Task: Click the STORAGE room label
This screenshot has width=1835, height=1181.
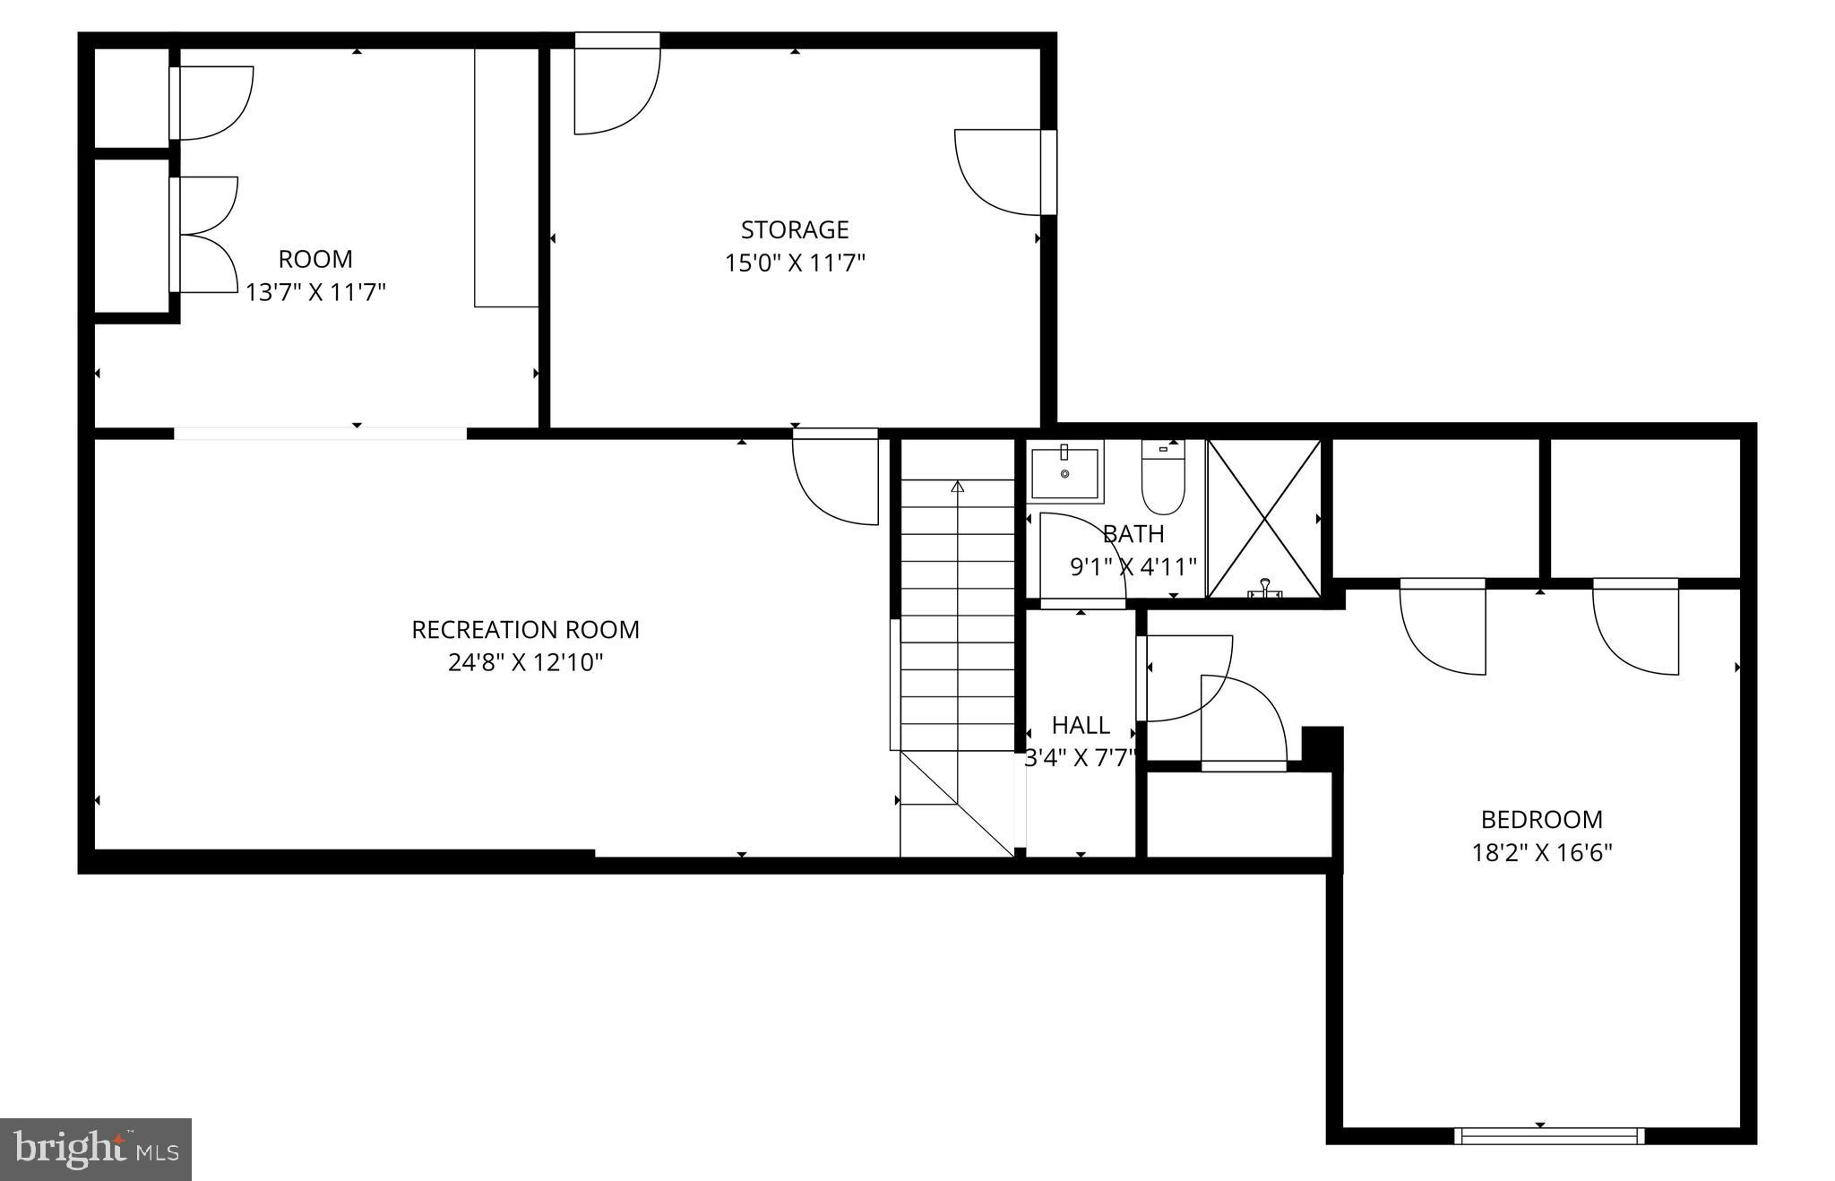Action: pos(794,230)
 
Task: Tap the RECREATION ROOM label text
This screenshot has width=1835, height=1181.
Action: pos(525,630)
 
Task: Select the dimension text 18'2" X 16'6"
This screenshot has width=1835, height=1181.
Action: pos(1541,852)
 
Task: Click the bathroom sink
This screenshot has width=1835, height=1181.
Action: pos(1064,472)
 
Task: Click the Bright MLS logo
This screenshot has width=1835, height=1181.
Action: pos(96,1149)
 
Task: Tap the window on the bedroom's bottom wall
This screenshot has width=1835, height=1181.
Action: pos(1548,1136)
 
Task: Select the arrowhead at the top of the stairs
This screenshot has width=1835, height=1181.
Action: pos(957,487)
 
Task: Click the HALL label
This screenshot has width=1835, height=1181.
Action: pos(1081,725)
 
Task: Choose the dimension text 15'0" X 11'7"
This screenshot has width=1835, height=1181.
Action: pos(794,263)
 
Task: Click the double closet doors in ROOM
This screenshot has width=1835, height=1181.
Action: pos(206,235)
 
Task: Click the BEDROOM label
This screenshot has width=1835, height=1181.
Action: pos(1541,819)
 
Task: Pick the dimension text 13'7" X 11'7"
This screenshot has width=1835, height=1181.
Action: pos(315,293)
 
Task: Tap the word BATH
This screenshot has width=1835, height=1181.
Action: pos(1133,534)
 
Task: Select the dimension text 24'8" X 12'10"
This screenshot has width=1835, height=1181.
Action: pos(525,663)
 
